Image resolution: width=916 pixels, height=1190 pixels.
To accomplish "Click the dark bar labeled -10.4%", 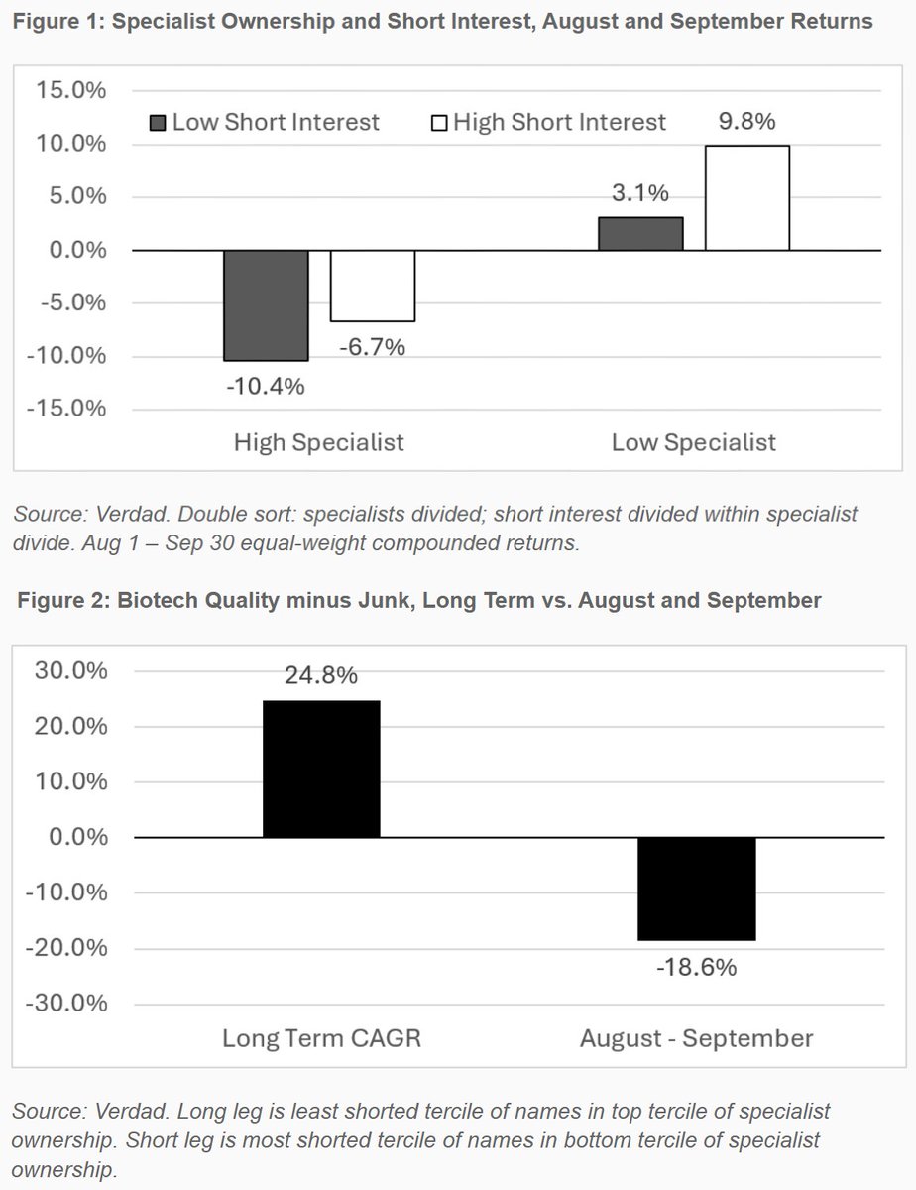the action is coord(266,305).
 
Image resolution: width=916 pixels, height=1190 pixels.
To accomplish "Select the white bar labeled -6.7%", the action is coord(373,286).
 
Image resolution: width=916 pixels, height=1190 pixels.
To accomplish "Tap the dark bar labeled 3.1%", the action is coord(640,234).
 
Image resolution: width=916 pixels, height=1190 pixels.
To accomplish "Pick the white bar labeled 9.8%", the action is coord(747,197).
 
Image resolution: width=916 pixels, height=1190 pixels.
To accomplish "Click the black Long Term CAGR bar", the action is coord(322,769).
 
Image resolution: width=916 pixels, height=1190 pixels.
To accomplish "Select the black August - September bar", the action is coord(697,889).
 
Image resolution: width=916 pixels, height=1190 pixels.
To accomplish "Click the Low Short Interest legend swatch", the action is coord(158,123).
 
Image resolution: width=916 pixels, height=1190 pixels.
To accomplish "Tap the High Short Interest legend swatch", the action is coord(439,123).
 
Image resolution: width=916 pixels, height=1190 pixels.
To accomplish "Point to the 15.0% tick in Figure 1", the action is coord(70,90).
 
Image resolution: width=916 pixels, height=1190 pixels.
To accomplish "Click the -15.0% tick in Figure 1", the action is coord(66,409).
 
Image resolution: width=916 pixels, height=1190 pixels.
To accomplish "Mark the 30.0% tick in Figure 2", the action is coord(71,670).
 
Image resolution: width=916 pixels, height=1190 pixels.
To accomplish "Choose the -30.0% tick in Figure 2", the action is coord(66,1004).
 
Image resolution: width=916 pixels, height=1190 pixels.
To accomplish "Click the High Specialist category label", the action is coord(319,442).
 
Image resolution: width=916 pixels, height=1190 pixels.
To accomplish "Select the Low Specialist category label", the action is coord(694,442).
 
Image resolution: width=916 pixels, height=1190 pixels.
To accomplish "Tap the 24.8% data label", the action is coord(321,675).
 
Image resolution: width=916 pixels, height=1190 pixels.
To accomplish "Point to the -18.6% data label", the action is coord(697,968).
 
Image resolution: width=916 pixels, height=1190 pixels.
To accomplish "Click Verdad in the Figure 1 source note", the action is coord(132,515).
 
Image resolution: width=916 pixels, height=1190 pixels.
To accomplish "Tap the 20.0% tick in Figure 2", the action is coord(71,727).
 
